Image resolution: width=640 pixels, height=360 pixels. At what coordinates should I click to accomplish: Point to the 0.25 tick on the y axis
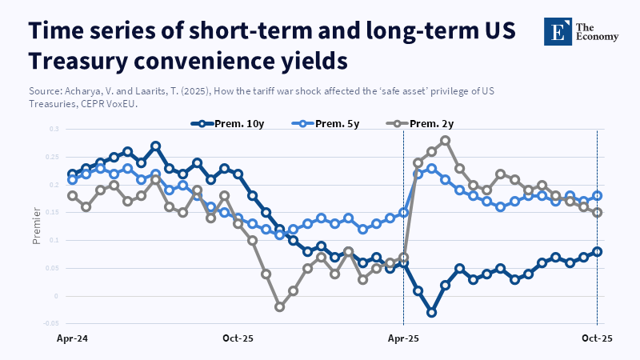point(54,157)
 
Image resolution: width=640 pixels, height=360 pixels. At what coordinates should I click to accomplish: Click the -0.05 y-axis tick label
point(52,324)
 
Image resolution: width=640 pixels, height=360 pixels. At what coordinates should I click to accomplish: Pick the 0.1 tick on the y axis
point(55,240)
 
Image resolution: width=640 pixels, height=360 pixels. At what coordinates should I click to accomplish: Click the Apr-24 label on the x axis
point(72,339)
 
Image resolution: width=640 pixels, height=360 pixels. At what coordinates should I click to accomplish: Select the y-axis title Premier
point(37,226)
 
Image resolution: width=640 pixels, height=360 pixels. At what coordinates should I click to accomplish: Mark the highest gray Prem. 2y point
point(446,140)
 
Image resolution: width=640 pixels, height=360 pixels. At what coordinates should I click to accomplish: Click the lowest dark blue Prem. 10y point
point(431,312)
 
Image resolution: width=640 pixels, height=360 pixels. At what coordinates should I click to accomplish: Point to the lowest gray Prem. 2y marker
point(279,306)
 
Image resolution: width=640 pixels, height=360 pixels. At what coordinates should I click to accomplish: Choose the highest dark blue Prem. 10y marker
point(156,146)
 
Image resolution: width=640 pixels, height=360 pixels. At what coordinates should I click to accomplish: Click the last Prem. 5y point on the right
point(598,195)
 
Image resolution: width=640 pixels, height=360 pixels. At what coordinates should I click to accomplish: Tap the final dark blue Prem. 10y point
point(598,251)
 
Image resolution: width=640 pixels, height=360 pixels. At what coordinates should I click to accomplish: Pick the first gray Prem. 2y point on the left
point(72,195)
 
